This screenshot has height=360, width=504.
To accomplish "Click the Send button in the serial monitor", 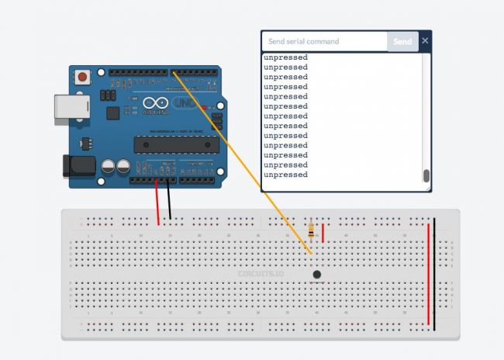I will [402, 42].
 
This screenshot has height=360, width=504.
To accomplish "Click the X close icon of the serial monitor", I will [425, 41].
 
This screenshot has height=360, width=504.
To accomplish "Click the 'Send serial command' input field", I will [324, 42].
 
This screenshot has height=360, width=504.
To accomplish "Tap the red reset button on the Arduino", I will [81, 77].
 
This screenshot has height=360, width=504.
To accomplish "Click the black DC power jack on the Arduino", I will [78, 165].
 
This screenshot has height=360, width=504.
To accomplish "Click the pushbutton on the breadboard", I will [316, 275].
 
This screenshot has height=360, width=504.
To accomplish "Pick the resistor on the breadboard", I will [312, 230].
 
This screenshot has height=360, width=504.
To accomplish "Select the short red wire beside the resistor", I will [323, 232].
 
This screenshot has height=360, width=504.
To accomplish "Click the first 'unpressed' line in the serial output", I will [285, 57].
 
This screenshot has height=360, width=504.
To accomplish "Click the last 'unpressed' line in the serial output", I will [285, 175].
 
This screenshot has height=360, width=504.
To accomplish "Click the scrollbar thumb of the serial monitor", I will [426, 176].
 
